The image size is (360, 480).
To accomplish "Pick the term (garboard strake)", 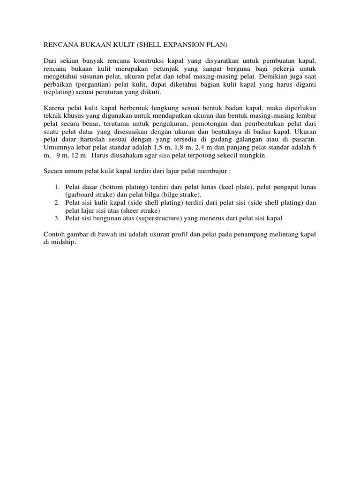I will tap(89, 195).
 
